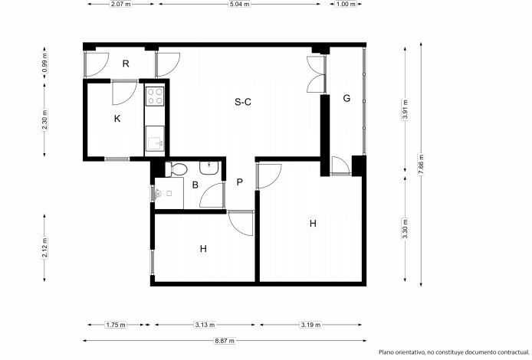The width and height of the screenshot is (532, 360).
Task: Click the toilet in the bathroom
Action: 176,169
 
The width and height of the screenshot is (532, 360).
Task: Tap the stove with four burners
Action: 155,97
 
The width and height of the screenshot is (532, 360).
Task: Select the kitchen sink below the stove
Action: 155,139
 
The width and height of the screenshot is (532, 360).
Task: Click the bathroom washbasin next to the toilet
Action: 209,168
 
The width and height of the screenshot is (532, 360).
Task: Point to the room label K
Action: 117,119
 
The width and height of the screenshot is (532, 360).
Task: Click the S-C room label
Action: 243,102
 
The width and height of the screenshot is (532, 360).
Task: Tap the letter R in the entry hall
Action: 126,64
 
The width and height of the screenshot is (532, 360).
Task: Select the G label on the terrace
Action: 346,98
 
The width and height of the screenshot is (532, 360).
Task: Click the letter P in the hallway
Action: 239,182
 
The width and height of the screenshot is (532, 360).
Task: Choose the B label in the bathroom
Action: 195,185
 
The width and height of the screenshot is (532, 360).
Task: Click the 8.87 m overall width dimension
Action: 225,341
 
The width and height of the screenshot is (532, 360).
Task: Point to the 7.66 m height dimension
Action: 421,164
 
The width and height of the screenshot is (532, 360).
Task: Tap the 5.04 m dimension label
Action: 239,4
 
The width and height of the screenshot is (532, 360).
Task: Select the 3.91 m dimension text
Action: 405,110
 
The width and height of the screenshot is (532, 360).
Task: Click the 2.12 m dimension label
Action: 44,247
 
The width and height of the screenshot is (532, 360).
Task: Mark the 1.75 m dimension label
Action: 116,325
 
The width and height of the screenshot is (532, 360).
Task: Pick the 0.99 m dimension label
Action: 44,62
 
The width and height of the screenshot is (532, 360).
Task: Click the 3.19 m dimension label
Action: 310,325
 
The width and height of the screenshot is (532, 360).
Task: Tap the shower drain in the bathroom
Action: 169,194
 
